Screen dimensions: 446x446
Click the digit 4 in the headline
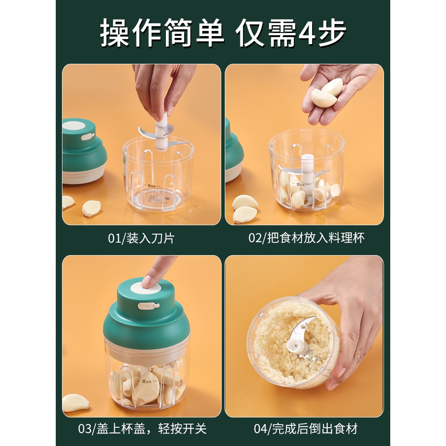307,33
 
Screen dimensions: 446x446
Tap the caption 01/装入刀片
141,238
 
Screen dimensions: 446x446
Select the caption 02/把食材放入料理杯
306,238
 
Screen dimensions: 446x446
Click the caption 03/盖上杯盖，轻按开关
142,429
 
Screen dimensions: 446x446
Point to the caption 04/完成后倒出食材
306,429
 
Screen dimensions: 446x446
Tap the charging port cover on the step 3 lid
148,306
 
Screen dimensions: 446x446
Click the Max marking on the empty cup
152,186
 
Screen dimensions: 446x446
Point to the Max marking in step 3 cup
147,381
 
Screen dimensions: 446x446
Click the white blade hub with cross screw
293,346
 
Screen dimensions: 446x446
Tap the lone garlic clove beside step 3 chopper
75,402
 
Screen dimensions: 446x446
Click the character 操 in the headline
115,33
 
